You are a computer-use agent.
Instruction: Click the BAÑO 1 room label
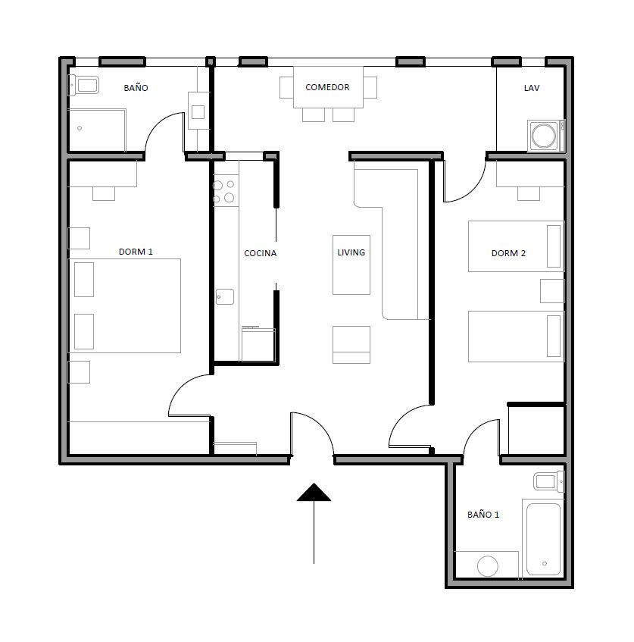[483, 514]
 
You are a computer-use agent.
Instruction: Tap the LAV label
[532, 88]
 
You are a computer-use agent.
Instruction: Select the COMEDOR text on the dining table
[327, 87]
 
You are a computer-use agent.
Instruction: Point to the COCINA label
[261, 253]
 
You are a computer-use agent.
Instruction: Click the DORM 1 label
[136, 252]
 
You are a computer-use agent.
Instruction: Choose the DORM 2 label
[508, 253]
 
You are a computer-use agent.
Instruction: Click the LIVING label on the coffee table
[351, 252]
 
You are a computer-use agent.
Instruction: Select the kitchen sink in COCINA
[225, 296]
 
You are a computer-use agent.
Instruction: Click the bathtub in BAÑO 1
[544, 539]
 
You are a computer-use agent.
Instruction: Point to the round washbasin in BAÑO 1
[488, 566]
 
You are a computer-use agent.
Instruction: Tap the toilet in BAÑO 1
[549, 481]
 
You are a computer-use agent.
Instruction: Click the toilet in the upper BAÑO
[83, 85]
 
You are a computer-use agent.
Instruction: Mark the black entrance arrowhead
[314, 492]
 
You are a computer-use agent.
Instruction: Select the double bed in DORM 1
[124, 305]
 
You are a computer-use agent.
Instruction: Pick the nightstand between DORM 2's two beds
[552, 291]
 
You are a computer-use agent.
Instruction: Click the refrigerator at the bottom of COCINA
[258, 344]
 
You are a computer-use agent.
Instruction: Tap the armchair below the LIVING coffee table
[351, 345]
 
